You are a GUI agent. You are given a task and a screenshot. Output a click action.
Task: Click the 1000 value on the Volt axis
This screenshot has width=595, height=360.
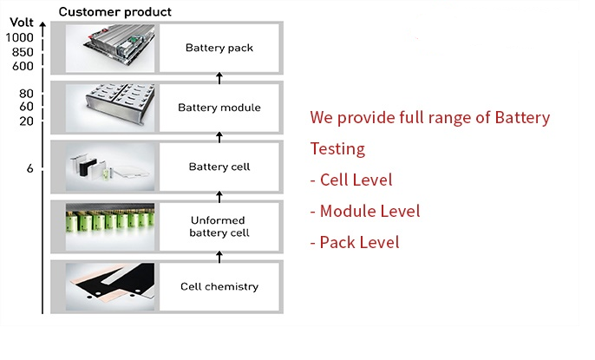19,37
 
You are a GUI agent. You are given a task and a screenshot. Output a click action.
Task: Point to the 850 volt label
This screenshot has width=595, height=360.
23,52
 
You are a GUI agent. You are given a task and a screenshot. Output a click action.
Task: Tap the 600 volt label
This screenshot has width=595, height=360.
23,66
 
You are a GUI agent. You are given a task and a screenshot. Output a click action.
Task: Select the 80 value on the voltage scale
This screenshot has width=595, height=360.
27,94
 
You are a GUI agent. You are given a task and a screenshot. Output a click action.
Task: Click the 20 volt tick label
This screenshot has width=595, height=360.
27,121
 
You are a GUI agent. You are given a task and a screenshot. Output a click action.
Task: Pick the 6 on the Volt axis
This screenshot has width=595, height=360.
30,168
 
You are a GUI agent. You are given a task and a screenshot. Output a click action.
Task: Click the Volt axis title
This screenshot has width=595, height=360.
22,23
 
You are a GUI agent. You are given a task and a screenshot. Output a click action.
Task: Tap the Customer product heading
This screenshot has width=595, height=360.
115,12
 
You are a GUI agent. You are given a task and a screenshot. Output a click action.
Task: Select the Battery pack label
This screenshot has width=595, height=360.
219,48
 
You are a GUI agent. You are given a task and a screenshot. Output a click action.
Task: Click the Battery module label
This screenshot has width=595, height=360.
219,108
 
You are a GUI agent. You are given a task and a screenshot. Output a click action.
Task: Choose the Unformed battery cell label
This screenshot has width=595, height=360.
219,226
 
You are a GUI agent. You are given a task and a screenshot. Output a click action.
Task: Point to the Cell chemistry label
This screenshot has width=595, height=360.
219,286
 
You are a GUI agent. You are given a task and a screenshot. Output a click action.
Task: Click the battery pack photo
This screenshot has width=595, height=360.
110,48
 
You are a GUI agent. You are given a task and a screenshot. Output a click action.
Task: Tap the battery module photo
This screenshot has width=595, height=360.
110,108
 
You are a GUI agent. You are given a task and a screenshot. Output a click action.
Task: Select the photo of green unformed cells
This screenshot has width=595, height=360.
110,227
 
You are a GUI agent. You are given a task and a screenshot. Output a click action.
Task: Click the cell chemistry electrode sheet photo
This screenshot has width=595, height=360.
110,287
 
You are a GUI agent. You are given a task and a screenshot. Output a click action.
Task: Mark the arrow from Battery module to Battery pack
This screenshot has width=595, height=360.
219,78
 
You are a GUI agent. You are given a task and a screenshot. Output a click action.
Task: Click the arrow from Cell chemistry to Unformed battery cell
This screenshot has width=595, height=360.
219,257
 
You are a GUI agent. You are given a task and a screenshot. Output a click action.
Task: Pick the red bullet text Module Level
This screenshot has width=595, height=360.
365,211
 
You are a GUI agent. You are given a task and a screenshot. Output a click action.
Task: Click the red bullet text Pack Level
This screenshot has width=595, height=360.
355,242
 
